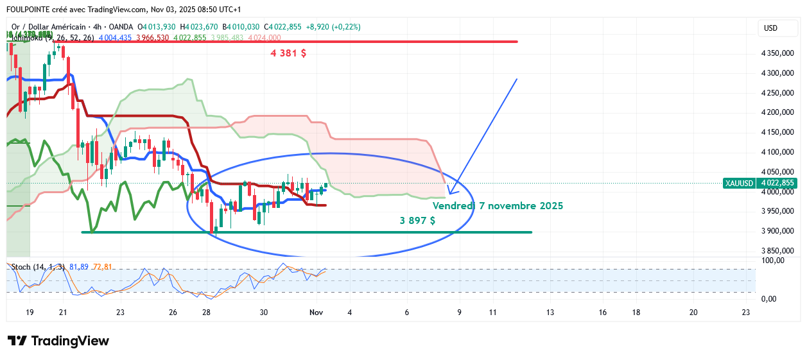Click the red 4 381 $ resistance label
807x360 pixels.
[288, 54]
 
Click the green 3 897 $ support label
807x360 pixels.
[417, 221]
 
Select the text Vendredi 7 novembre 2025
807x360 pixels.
[498, 206]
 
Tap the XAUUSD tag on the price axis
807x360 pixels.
[738, 183]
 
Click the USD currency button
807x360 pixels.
[770, 28]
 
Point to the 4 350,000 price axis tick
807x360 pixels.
[778, 54]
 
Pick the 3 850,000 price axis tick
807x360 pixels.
[778, 251]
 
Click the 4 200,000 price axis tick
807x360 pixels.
[778, 113]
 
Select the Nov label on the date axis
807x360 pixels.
[316, 313]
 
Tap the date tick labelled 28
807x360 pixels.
[206, 313]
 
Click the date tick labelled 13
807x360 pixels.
[550, 313]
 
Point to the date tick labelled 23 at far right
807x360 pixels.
[745, 313]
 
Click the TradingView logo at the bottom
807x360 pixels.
[58, 341]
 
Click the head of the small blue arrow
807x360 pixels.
[449, 193]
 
